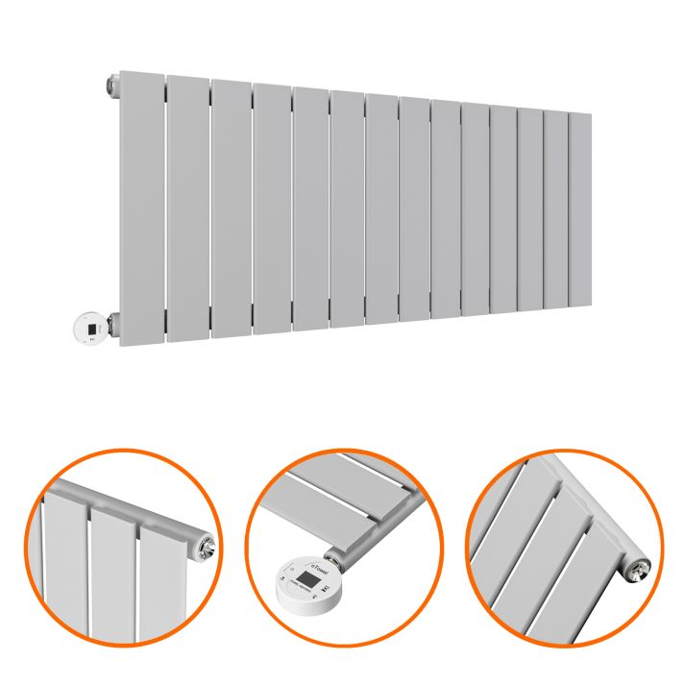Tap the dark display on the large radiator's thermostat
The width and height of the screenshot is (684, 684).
pos(90,328)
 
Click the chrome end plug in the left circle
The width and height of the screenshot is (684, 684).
pos(204,547)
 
